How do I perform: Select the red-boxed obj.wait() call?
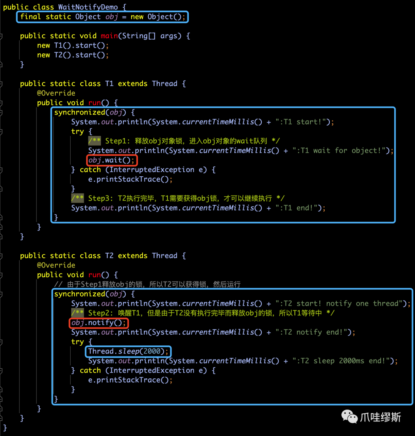112,160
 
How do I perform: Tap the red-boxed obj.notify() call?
99,323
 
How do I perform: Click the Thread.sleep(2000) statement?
128,351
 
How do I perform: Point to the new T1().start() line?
73,45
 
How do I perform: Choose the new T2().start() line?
73,55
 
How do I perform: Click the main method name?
109,36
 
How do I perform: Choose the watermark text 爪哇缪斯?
380,417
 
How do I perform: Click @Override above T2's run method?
56,265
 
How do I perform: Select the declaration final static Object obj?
103,17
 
